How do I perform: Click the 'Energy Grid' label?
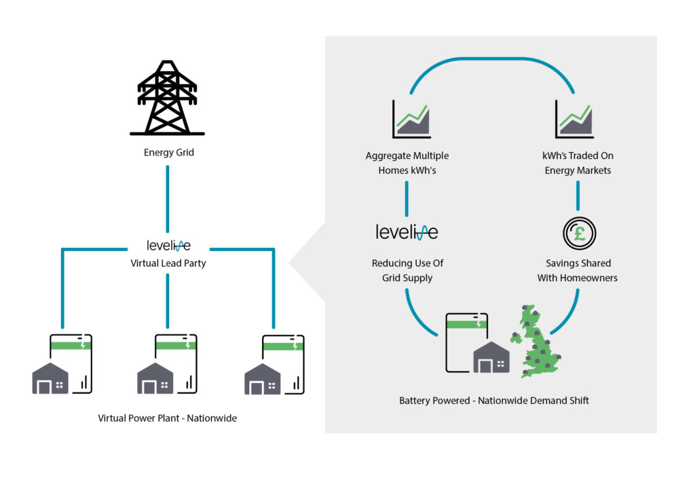168,153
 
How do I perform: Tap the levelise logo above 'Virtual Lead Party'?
168,245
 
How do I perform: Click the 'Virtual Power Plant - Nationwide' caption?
167,418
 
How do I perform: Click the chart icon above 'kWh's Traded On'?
574,119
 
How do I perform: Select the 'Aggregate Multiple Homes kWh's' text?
407,163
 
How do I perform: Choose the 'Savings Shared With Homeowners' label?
578,270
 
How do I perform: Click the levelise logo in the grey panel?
407,232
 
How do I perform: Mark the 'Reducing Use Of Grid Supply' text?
407,270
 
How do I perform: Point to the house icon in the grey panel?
491,358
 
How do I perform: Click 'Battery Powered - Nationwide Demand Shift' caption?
493,401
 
